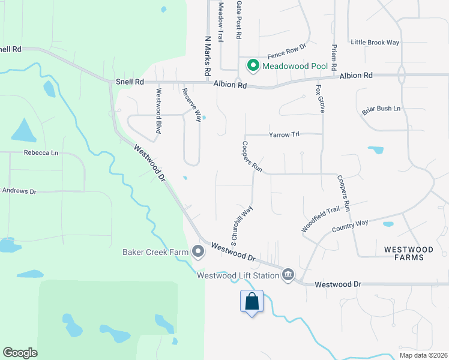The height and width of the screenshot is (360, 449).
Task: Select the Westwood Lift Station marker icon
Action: click(288, 275)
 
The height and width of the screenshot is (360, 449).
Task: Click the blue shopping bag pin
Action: click(252, 301)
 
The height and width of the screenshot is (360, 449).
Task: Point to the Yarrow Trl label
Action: click(284, 134)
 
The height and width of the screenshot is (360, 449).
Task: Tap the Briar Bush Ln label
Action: click(381, 109)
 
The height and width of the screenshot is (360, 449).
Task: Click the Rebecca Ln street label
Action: click(41, 153)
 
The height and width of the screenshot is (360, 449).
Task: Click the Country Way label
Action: click(350, 226)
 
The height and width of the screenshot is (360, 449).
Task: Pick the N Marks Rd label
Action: click(208, 55)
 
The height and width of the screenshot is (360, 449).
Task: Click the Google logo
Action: click(20, 353)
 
